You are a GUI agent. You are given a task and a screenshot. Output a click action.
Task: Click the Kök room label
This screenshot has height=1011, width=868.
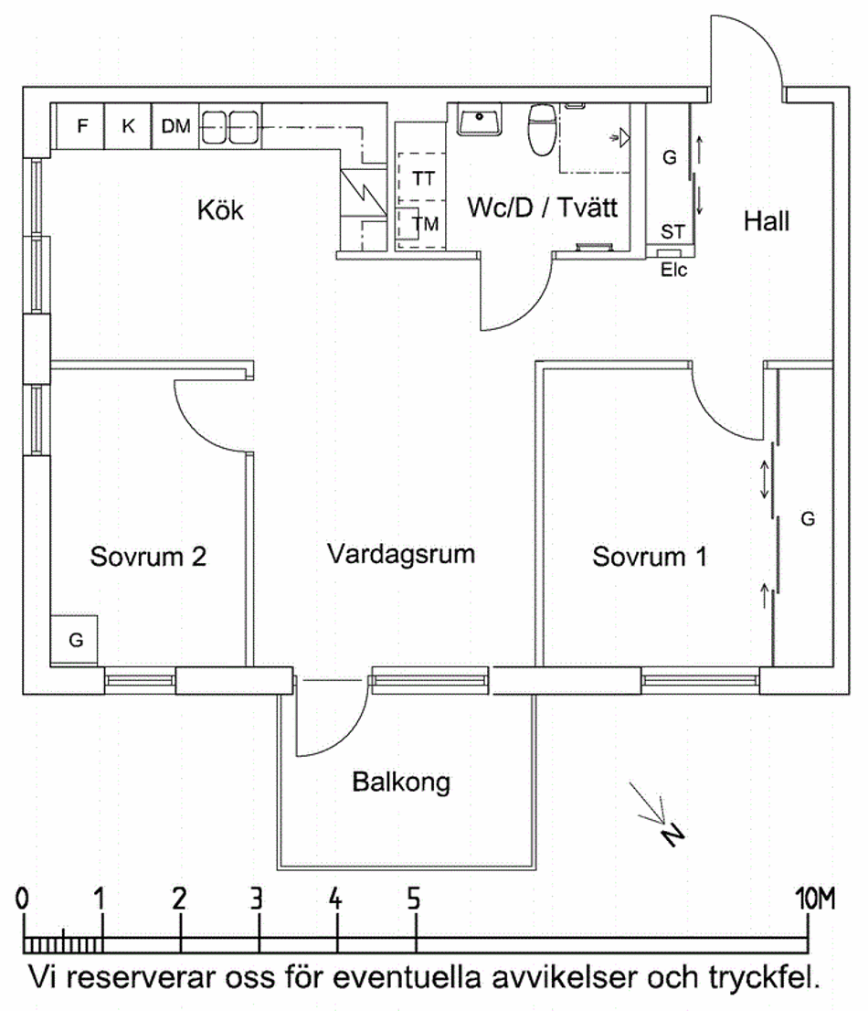(x=221, y=210)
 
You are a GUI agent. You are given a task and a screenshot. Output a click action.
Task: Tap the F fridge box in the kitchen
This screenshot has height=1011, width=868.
(x=82, y=127)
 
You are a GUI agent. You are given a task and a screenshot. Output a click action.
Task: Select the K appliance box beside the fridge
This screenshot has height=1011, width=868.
(x=128, y=127)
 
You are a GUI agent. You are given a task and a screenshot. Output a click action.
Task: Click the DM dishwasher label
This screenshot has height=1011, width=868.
(x=175, y=127)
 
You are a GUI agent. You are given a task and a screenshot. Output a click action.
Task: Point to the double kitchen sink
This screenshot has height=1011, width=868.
(x=228, y=127)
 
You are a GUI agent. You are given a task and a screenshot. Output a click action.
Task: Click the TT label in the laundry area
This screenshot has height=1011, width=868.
(x=423, y=178)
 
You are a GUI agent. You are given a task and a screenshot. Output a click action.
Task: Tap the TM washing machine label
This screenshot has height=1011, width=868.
(x=425, y=223)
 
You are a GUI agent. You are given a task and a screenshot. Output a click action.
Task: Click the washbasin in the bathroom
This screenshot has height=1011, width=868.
(x=479, y=120)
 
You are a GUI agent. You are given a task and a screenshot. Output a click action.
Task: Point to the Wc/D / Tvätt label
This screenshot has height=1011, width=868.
(x=542, y=208)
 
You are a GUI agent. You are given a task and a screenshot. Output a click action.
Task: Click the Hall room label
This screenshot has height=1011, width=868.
(x=766, y=220)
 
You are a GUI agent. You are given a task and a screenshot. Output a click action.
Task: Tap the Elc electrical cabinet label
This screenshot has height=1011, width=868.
(x=674, y=270)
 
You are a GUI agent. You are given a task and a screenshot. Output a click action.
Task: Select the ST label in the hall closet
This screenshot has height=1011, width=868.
(x=672, y=231)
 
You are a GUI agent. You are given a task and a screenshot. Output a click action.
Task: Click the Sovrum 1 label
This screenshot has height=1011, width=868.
(x=649, y=557)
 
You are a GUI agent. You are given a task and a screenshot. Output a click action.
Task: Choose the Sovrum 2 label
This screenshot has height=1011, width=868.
(x=148, y=557)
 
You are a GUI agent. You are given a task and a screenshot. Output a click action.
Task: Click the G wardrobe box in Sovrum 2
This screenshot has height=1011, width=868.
(x=76, y=641)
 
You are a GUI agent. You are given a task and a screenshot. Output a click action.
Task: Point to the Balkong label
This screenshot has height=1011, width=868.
(x=401, y=782)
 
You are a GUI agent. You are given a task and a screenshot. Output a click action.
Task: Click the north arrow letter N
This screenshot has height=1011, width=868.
(x=673, y=834)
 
